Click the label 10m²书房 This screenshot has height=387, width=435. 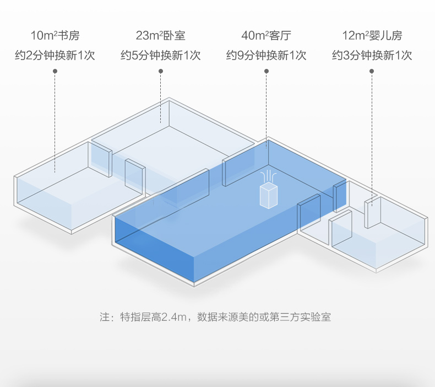point(55,36)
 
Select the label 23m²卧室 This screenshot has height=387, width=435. point(160,36)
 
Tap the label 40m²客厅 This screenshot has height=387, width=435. point(266,36)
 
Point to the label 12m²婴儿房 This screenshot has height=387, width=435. point(372,36)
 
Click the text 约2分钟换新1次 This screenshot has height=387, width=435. point(55,56)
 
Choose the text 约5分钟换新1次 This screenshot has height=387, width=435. point(160,56)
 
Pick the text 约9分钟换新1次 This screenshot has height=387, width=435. point(266,56)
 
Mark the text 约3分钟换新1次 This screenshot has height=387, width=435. point(372,56)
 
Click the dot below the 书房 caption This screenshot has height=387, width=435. point(55,71)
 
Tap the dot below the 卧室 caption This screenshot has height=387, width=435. point(160,71)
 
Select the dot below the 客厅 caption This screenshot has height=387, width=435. point(266,71)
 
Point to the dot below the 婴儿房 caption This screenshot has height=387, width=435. point(372,71)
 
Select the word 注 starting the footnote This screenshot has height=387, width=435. point(105,318)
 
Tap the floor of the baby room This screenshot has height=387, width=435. point(380,243)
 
